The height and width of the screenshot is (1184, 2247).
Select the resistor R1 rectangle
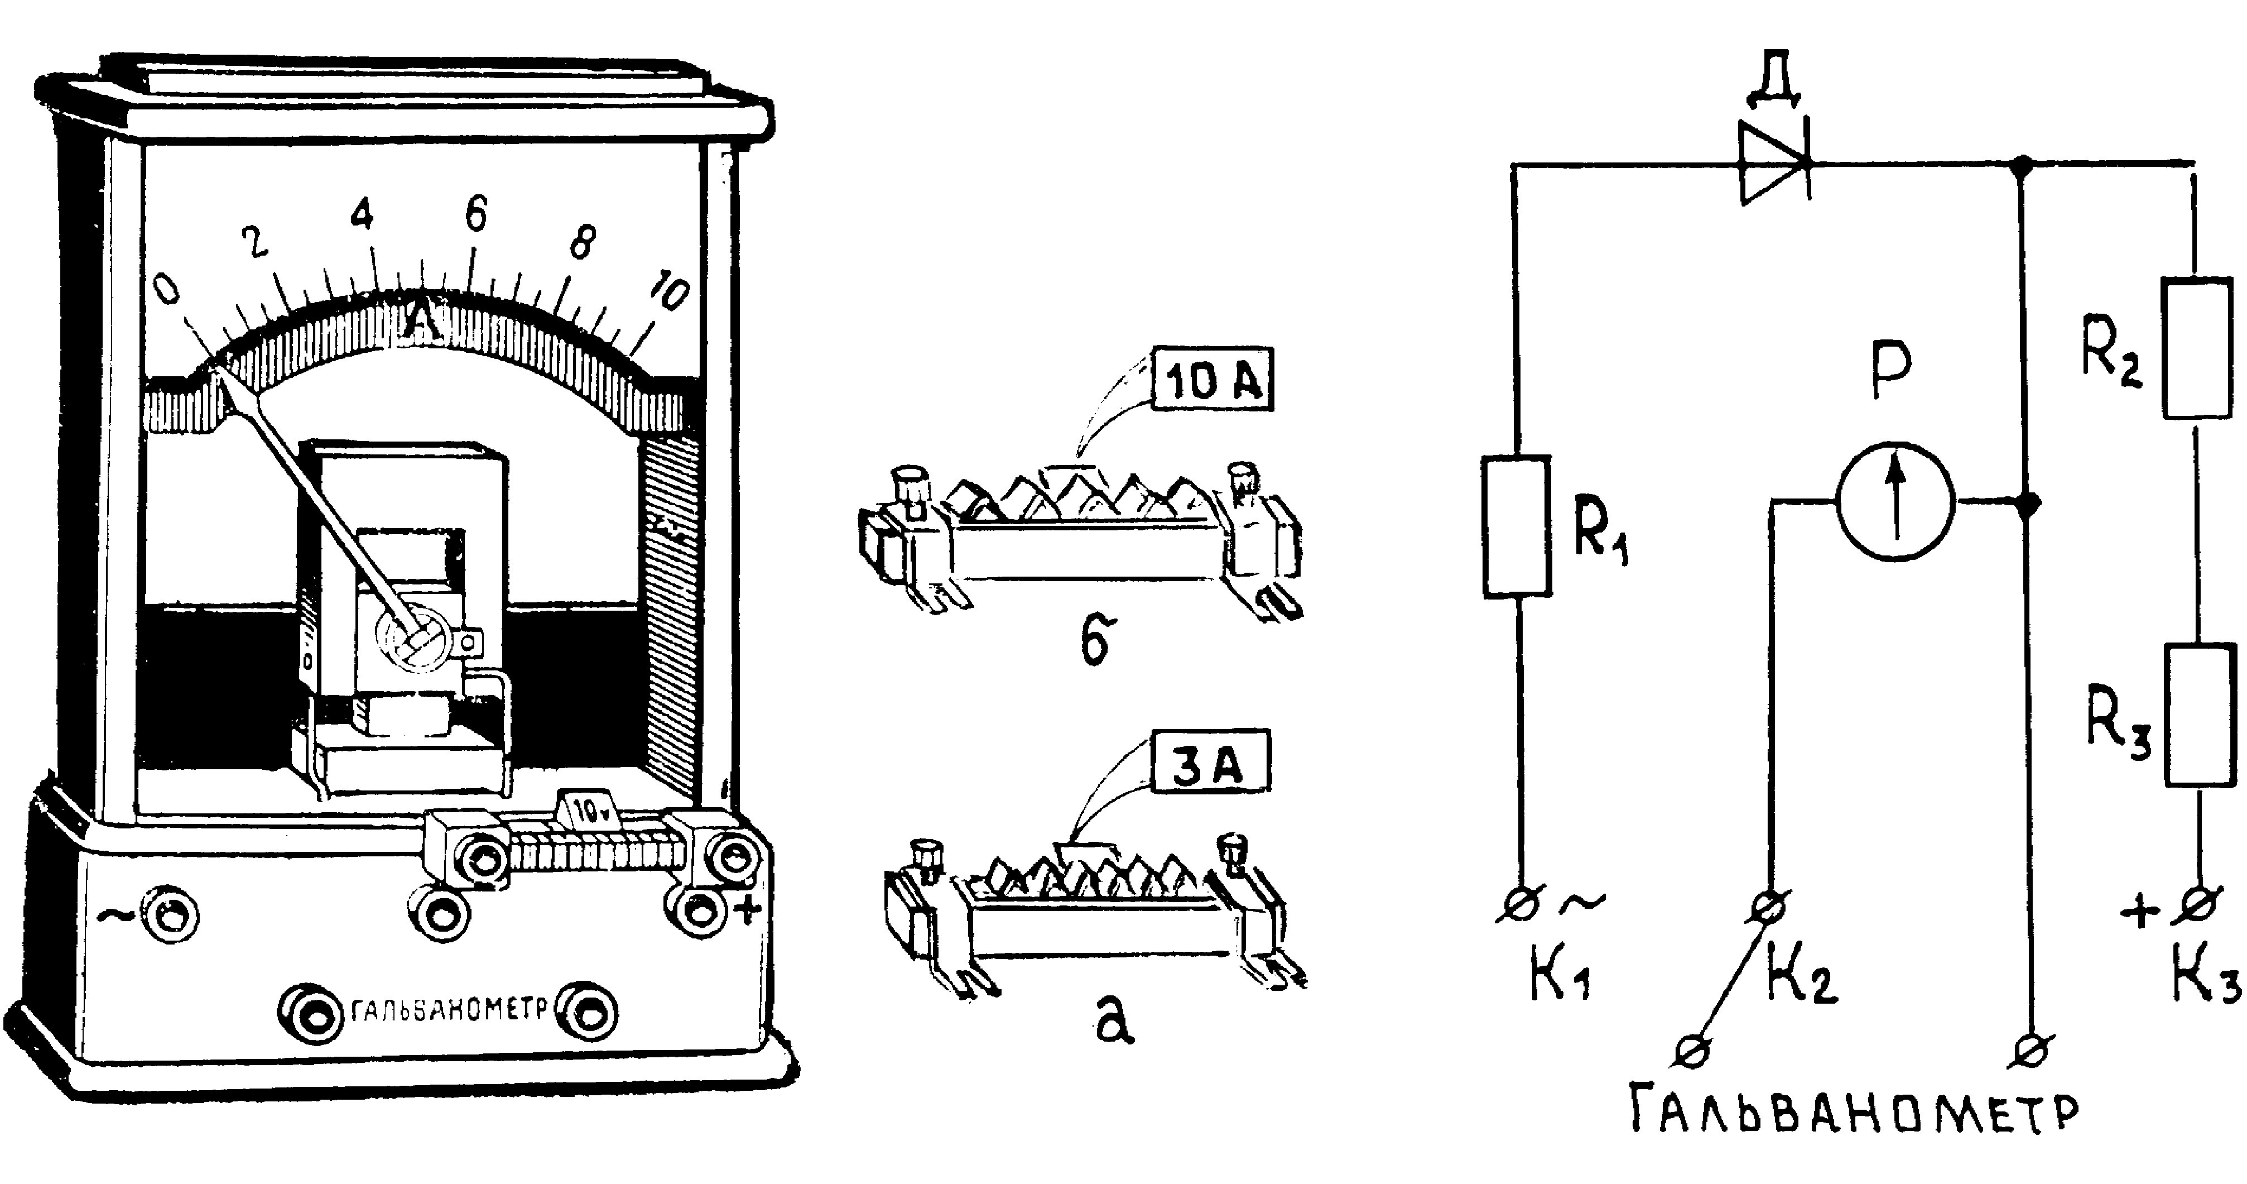pos(1518,526)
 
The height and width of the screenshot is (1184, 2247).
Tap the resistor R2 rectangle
pos(2196,347)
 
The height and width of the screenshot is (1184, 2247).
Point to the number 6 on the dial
pos(475,214)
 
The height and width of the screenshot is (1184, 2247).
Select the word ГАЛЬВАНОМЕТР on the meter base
pos(451,1010)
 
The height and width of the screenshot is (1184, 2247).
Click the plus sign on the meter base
pos(748,910)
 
